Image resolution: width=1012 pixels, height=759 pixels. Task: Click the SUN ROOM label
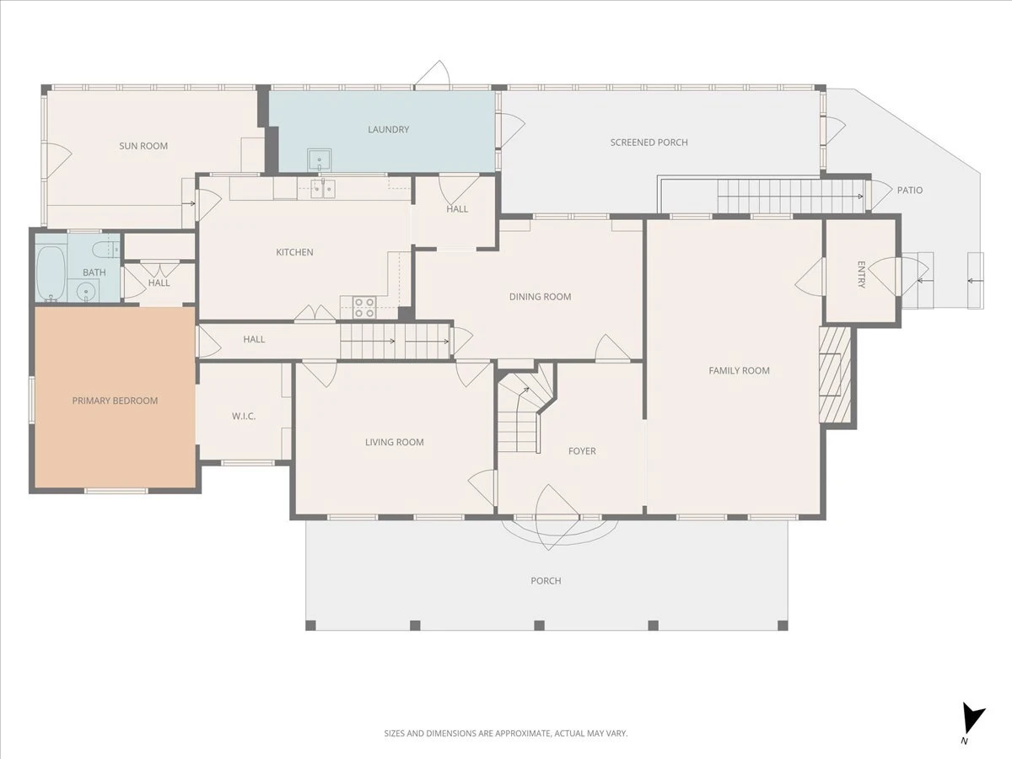143,146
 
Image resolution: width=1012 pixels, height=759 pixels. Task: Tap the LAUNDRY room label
388,130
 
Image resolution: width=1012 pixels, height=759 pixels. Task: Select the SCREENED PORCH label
649,143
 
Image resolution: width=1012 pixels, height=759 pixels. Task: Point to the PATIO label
910,190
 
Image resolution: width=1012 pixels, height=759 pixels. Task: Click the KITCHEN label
294,252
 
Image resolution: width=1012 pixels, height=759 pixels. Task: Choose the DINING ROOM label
540,297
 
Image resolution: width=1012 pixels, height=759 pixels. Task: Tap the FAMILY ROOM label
739,370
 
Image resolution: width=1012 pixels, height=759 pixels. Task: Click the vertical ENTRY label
861,275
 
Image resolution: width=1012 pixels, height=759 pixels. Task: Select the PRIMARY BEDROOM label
115,401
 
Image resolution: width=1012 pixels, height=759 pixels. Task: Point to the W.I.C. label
244,416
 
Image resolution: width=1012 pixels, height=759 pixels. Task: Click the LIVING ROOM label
394,443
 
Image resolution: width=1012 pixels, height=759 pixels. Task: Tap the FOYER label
582,451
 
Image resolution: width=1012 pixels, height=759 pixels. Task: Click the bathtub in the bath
51,274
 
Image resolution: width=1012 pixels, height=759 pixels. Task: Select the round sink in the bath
85,291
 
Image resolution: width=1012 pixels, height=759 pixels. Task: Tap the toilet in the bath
105,250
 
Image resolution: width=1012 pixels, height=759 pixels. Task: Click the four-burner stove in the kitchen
363,308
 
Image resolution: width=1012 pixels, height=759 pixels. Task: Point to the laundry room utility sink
319,160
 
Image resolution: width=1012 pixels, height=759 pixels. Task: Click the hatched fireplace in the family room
835,374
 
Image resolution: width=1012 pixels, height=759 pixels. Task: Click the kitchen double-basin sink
322,188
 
